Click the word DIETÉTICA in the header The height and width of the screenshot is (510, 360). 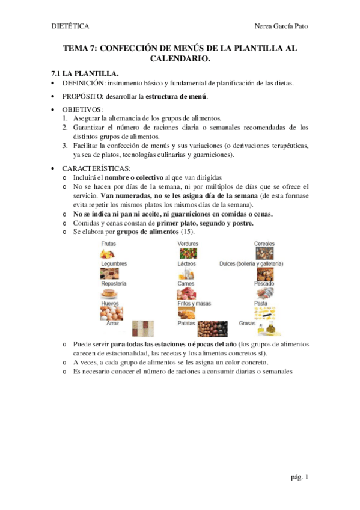[70, 26]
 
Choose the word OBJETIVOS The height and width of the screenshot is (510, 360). [82, 109]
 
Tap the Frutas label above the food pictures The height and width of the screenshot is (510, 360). [109, 244]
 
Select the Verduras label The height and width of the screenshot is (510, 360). [188, 244]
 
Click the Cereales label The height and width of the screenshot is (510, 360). [264, 244]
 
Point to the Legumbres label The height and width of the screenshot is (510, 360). [114, 263]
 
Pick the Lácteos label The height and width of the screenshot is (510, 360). [186, 263]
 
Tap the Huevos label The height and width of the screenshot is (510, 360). [110, 303]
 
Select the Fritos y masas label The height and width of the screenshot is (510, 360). [194, 303]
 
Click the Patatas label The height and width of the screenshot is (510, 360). [186, 323]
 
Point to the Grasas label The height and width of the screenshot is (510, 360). [246, 323]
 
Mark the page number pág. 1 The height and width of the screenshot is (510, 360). [298, 477]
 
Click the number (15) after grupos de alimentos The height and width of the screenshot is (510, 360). [188, 232]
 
